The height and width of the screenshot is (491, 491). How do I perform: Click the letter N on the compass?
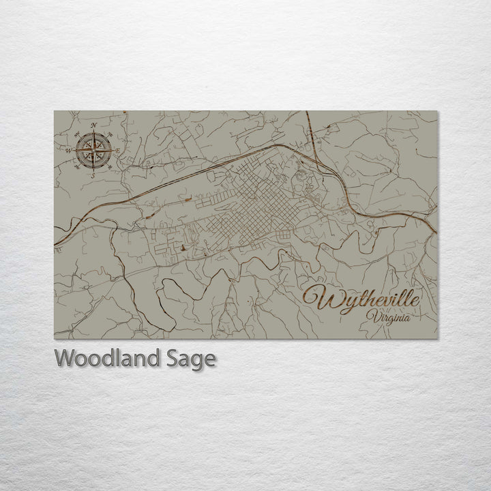point(93,125)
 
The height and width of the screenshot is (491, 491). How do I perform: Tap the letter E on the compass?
point(118,149)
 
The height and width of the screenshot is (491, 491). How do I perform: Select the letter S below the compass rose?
point(93,175)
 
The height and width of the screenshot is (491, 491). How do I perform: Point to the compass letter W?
point(68,149)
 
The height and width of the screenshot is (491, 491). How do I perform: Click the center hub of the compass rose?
point(93,149)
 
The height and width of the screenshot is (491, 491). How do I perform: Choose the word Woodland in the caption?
point(106,358)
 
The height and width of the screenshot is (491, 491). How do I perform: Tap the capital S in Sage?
point(169,358)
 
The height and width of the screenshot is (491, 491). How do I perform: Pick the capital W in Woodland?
point(65,358)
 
